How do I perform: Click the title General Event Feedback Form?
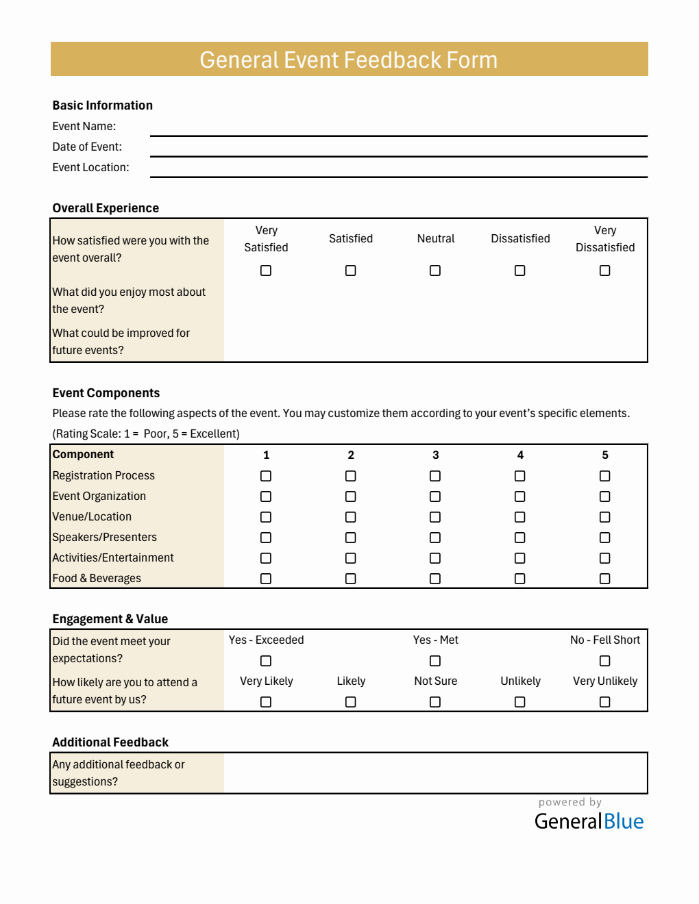point(349,60)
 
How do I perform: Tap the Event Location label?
point(90,167)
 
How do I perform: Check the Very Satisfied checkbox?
point(266,271)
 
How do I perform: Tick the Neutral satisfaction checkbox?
point(435,271)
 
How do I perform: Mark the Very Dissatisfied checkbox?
point(604,271)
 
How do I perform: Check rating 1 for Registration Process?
point(266,476)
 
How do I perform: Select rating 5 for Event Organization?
point(604,497)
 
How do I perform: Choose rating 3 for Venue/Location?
point(435,517)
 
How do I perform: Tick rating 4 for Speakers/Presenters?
point(520,538)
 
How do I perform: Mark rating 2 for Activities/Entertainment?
point(351,558)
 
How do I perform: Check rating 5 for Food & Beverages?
point(604,579)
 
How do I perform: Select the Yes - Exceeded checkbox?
point(266,661)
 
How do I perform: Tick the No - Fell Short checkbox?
point(604,661)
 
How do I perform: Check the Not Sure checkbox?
point(435,702)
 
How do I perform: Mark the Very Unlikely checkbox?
point(604,702)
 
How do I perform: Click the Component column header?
point(83,455)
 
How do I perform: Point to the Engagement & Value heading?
point(110,619)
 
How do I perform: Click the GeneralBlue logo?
point(589,820)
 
